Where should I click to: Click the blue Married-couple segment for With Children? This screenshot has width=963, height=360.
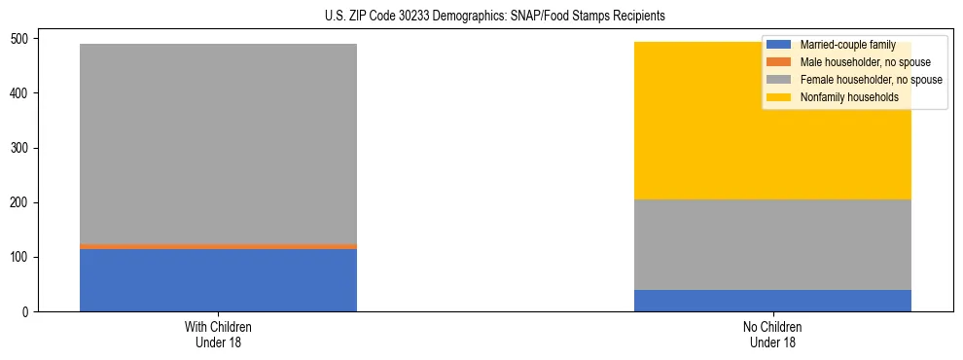tap(218, 280)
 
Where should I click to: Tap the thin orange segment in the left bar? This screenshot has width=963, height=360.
tap(218, 246)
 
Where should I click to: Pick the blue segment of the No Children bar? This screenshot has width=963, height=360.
tap(772, 301)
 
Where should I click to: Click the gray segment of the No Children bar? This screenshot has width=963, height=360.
tap(772, 244)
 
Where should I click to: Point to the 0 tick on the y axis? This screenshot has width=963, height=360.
tap(28, 312)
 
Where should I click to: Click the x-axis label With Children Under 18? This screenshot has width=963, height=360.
tap(218, 334)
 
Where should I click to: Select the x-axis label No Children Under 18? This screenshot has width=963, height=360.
tap(772, 334)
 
